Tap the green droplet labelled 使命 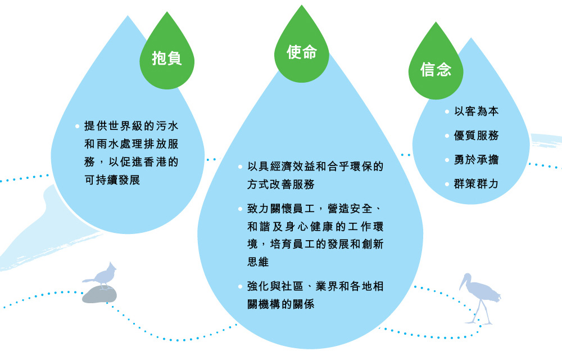(x=302, y=52)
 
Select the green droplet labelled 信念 (x=436, y=69)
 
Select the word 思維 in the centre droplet (x=258, y=262)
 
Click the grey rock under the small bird (x=99, y=294)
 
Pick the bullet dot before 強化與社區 (x=240, y=287)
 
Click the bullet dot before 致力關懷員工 (x=240, y=210)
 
